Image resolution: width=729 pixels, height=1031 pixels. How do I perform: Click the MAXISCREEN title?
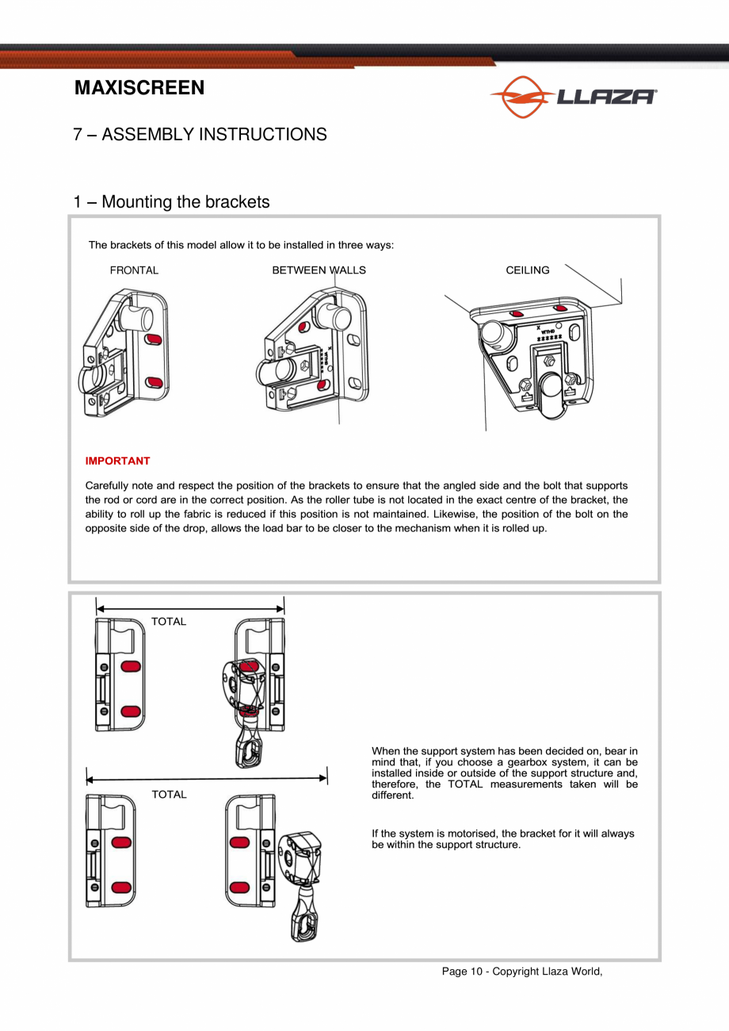(139, 88)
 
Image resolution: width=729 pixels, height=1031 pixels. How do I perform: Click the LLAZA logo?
(574, 97)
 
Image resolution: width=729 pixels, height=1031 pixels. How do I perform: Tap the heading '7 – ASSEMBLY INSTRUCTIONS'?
(200, 134)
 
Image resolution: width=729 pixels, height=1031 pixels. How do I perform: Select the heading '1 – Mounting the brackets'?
(171, 202)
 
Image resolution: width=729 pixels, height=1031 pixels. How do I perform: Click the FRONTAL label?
(134, 270)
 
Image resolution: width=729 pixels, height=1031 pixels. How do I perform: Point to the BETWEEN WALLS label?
(319, 270)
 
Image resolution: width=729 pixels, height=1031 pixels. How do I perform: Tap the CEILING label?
(527, 270)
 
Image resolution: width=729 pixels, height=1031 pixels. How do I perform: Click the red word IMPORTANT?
(117, 461)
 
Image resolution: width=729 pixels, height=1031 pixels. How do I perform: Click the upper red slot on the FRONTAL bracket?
(155, 339)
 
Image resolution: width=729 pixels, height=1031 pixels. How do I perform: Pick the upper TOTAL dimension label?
(169, 622)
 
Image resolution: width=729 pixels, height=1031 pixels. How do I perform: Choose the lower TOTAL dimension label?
(169, 795)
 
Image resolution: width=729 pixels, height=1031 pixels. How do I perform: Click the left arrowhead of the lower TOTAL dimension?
(90, 780)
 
